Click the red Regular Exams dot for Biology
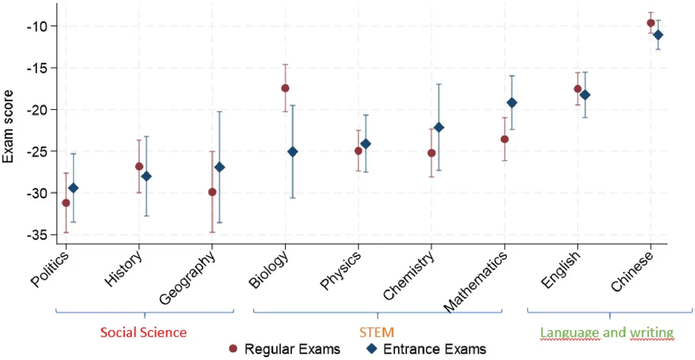(285, 89)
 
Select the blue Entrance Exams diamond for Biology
(292, 152)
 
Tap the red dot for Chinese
(650, 23)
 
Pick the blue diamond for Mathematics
(512, 103)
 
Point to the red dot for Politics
(66, 203)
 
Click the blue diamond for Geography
(220, 167)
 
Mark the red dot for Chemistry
(431, 153)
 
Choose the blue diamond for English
(585, 95)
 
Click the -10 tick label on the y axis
(37, 26)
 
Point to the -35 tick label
(37, 236)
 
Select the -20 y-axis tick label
(37, 110)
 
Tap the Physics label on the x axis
(341, 270)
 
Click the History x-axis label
(123, 269)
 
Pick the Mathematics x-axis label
(475, 282)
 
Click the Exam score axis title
(8, 127)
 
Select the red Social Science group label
(144, 332)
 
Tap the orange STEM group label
(376, 332)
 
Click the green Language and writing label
(607, 333)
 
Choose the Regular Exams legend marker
(233, 349)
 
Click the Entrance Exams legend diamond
(372, 348)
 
